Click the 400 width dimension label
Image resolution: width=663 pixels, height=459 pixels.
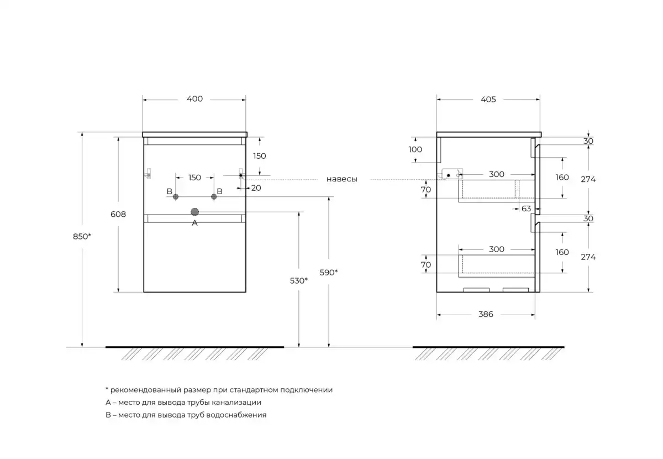point(194,100)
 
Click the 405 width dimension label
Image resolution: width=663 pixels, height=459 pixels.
point(488,100)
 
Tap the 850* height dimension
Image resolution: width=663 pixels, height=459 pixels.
point(82,236)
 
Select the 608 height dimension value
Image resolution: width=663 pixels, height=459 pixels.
point(118,214)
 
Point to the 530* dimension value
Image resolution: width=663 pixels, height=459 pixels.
point(298,281)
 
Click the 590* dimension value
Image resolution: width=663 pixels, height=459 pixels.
point(329,272)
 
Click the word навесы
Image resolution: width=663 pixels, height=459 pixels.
point(341,179)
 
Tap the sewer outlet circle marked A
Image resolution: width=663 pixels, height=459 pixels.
point(194,212)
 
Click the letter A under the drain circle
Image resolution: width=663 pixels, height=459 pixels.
point(194,223)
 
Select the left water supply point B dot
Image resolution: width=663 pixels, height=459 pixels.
point(176,197)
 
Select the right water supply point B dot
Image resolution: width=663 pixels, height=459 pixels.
point(214,197)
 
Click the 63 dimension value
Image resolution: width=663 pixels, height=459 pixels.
point(526,208)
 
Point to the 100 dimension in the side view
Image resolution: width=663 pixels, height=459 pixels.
point(415,149)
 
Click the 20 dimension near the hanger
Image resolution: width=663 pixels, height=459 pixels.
point(256,188)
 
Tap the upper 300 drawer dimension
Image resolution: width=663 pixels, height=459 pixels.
point(496,175)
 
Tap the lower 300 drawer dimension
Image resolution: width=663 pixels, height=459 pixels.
point(496,249)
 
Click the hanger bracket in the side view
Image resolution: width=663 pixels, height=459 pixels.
point(451,175)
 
